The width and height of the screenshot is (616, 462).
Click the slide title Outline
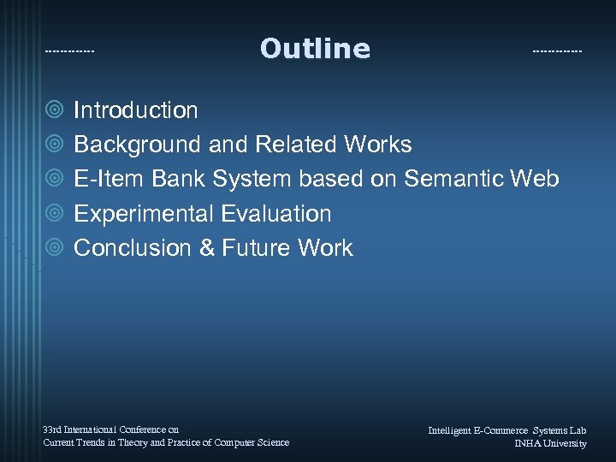pos(315,49)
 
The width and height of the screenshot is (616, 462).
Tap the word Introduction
pos(136,110)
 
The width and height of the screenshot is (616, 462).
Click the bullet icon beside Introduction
pos(56,110)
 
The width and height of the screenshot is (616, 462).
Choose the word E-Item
pos(110,180)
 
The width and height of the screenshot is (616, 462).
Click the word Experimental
pos(144,214)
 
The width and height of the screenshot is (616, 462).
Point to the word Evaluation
pos(275,214)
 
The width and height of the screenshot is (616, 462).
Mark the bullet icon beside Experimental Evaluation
pos(56,214)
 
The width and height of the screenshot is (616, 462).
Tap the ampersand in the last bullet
pos(205,248)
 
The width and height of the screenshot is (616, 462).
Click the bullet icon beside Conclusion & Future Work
pos(56,248)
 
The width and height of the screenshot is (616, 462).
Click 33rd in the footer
pos(51,429)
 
